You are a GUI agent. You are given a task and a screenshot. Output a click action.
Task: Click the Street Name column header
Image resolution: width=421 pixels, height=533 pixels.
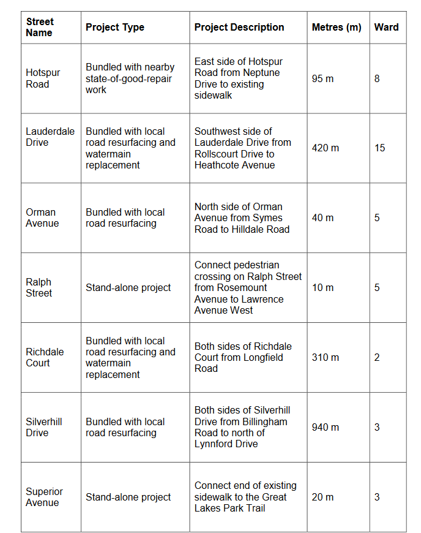pos(40,28)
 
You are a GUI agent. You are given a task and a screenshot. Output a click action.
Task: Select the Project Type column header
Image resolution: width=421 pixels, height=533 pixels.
pos(115,28)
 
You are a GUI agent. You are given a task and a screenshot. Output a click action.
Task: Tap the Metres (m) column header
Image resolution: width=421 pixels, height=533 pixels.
pos(337,28)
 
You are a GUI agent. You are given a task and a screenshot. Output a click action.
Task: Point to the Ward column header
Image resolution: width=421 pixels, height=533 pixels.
pos(386,28)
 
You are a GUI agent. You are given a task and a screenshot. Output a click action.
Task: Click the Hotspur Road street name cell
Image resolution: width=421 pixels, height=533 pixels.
pos(43,78)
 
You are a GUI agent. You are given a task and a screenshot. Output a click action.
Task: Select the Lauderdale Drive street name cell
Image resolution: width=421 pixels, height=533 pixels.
pos(50,137)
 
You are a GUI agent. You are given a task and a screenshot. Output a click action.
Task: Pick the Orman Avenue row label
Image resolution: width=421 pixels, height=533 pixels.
pos(42,218)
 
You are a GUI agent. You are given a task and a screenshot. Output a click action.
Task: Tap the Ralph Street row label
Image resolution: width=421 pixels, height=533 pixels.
pos(39,287)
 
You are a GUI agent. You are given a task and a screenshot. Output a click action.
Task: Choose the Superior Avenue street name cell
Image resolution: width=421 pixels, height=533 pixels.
pos(43,497)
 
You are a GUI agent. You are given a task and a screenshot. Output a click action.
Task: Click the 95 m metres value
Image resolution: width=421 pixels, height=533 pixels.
pos(322,79)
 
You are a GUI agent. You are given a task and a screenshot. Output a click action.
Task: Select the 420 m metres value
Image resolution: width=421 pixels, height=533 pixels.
pos(325,148)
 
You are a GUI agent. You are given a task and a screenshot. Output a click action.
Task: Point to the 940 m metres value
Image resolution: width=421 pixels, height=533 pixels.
pos(325,427)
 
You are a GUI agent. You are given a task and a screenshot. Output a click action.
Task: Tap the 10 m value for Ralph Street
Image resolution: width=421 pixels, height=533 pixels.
pos(322,288)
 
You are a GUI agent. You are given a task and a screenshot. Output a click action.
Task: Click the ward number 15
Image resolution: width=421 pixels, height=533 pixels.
pos(379,148)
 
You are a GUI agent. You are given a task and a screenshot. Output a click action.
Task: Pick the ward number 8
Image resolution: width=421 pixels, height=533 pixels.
pos(377,79)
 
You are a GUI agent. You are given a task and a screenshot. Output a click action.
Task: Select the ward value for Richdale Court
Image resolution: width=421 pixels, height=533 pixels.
pos(377,358)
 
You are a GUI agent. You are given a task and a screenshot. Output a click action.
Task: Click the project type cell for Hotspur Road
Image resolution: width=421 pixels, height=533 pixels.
pos(130,78)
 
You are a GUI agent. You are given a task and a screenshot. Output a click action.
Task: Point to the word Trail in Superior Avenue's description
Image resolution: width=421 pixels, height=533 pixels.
pos(254,508)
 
